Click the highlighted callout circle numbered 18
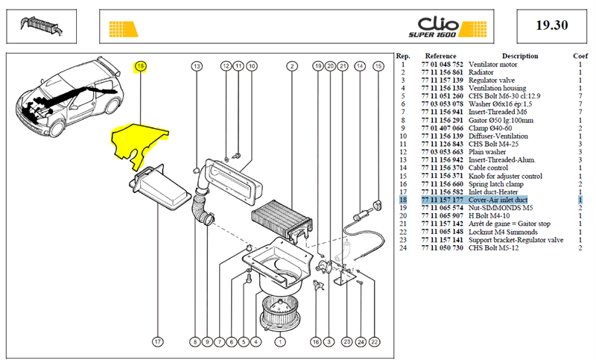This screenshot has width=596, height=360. [141, 66]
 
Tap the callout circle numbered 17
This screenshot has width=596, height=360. [158, 342]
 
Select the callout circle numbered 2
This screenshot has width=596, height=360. [292, 66]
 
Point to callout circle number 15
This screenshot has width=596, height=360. [378, 66]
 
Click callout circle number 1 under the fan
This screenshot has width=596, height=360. [280, 342]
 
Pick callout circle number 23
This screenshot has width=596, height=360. [347, 342]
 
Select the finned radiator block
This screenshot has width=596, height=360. [282, 221]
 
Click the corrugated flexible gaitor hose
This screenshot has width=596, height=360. [200, 209]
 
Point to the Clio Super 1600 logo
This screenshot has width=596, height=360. [447, 27]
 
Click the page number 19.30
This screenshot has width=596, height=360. [551, 25]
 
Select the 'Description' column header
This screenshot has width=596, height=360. [519, 56]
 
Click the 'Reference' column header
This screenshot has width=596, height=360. [440, 56]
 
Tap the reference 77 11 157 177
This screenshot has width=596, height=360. [442, 200]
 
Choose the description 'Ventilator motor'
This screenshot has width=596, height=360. [492, 65]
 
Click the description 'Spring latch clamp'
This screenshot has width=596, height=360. [495, 184]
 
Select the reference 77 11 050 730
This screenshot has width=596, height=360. [442, 248]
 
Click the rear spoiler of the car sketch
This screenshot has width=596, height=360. [108, 65]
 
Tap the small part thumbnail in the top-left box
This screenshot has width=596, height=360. [42, 27]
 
